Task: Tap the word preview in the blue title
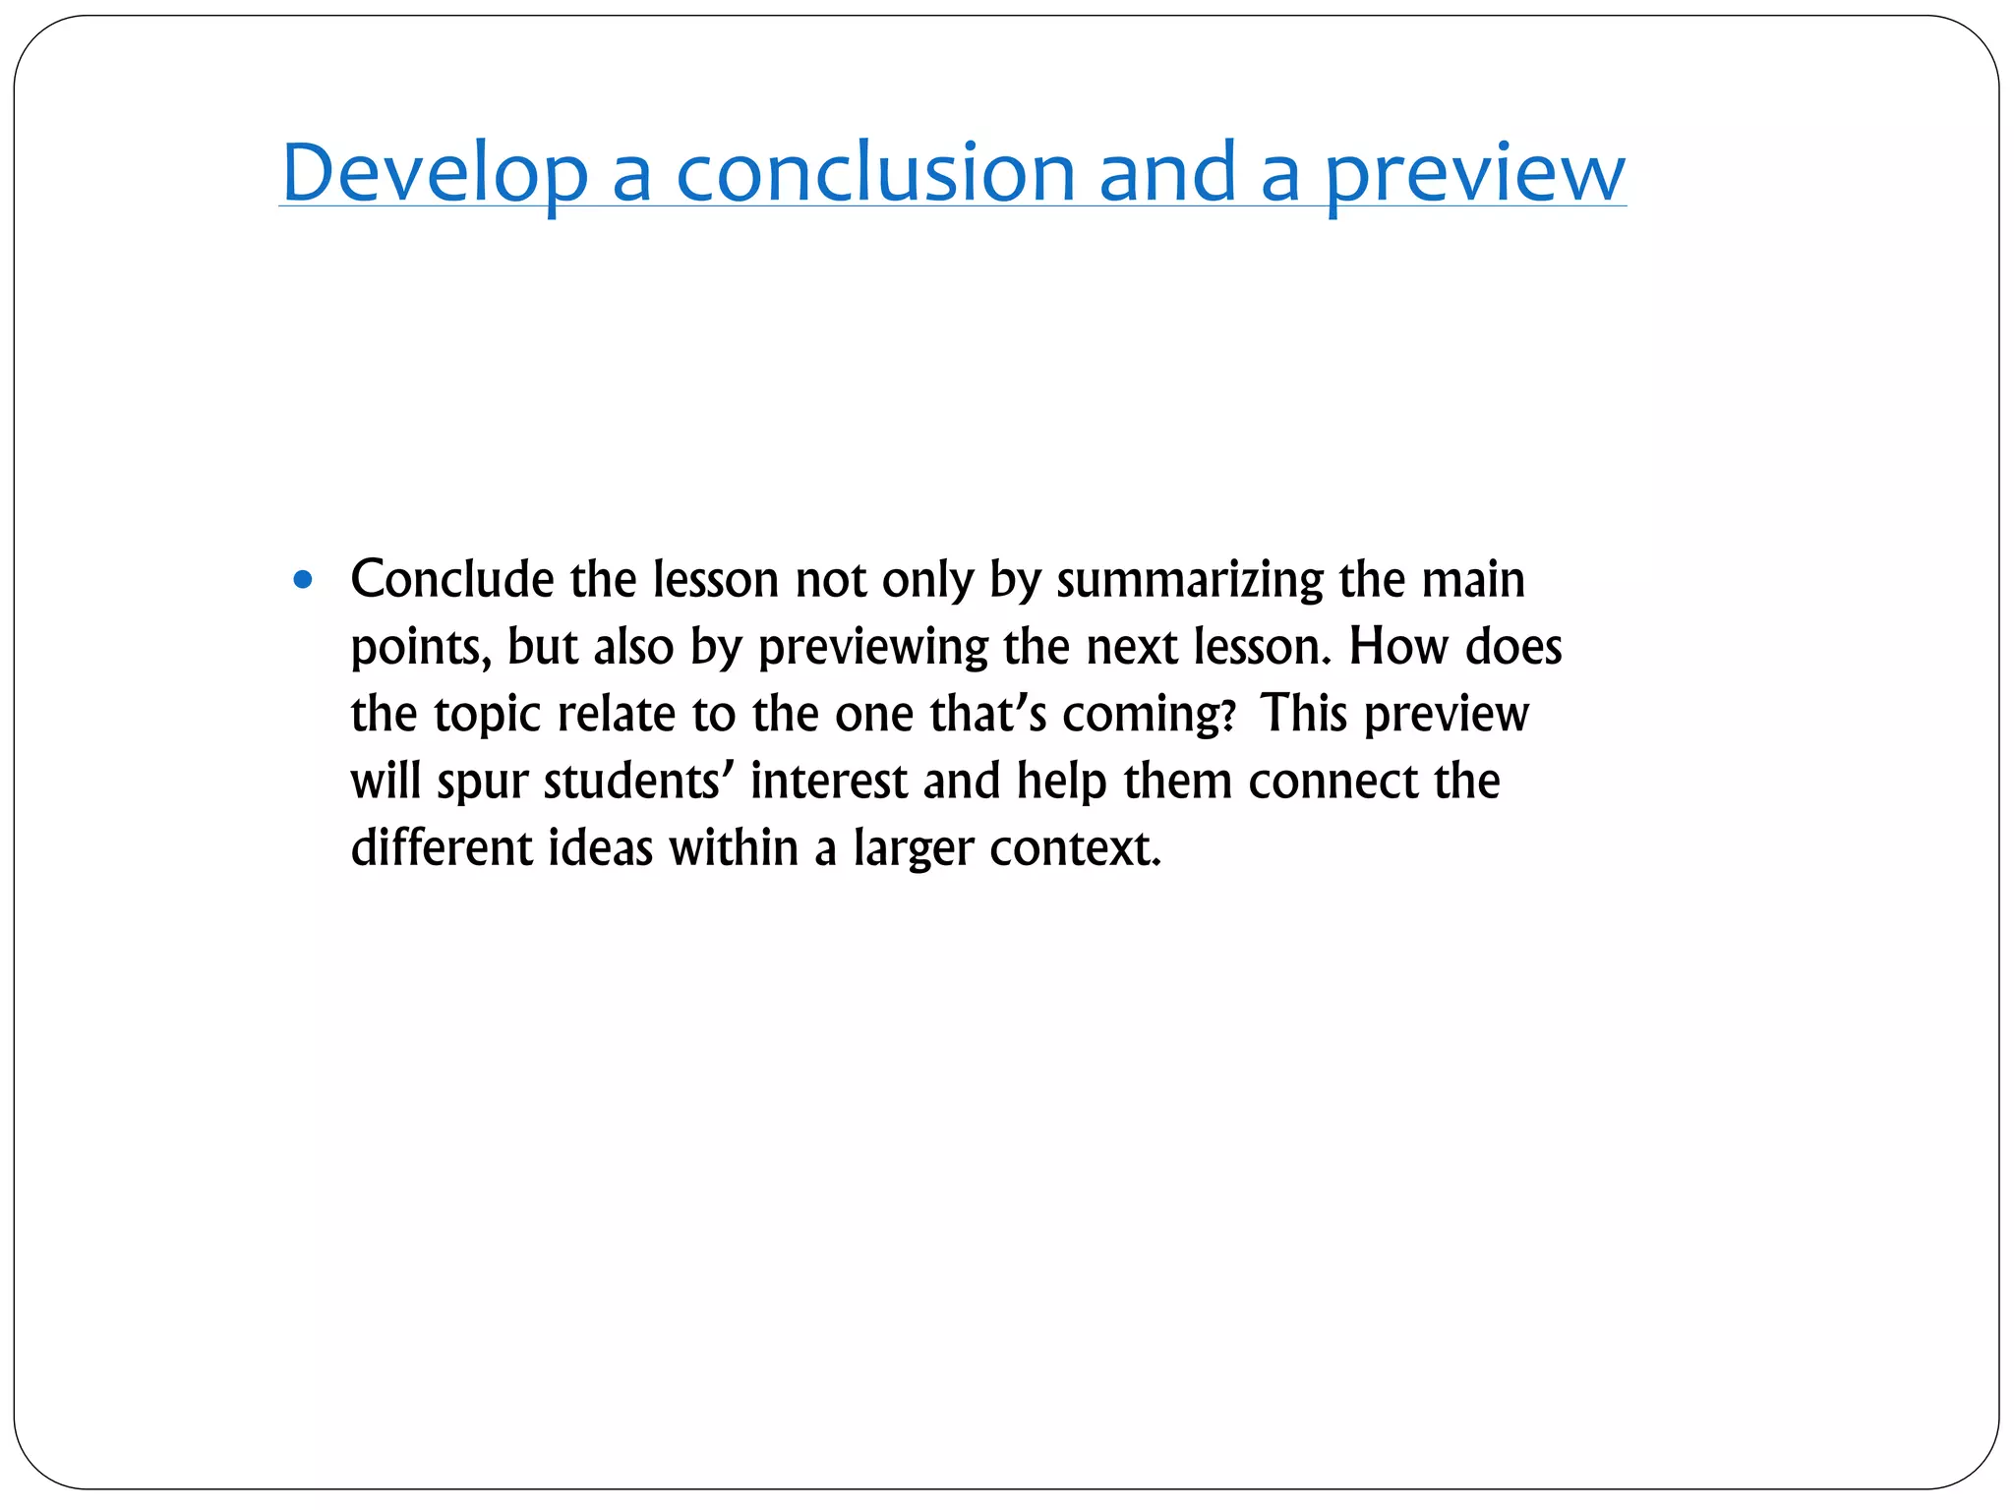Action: coord(1474,175)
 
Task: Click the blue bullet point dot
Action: coord(303,580)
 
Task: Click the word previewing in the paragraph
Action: coord(872,649)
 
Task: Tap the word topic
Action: coord(487,716)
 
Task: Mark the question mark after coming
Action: coord(1227,716)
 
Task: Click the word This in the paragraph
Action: coord(1304,714)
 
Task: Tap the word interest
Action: coord(828,782)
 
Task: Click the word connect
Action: coord(1333,782)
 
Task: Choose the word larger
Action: coord(913,850)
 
